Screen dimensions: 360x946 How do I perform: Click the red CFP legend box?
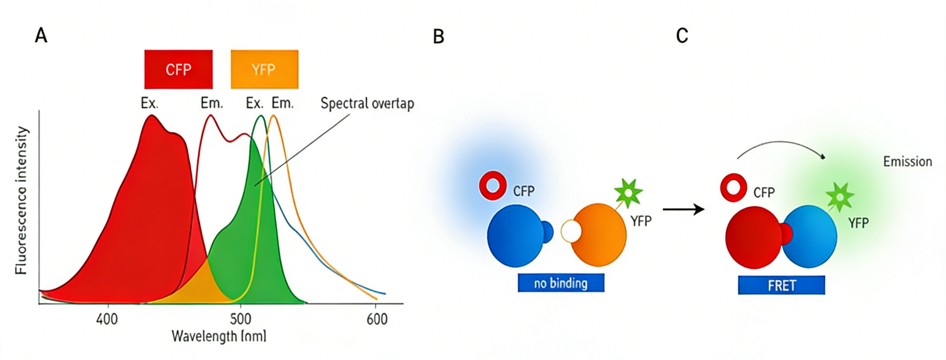click(178, 69)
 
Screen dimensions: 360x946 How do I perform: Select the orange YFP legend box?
click(264, 69)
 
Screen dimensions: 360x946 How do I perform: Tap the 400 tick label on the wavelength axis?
click(107, 319)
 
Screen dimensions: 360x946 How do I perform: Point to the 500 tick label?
click(240, 319)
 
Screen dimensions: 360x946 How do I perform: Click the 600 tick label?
click(377, 319)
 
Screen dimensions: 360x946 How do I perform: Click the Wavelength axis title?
click(219, 336)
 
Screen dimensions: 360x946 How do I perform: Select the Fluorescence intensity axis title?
click(21, 200)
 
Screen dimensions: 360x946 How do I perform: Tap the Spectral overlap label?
click(367, 104)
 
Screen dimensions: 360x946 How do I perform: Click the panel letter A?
click(41, 36)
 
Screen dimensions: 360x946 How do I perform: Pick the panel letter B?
click(438, 37)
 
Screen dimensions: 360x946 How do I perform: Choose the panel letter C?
click(682, 36)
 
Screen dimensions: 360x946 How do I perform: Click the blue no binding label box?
click(561, 283)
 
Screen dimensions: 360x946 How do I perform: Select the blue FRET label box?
click(781, 285)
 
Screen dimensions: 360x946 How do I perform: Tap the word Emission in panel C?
click(908, 161)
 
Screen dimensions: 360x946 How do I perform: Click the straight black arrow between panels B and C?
click(683, 209)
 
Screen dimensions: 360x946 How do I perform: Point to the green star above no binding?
click(628, 193)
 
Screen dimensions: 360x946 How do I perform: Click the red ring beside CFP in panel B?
click(493, 185)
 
